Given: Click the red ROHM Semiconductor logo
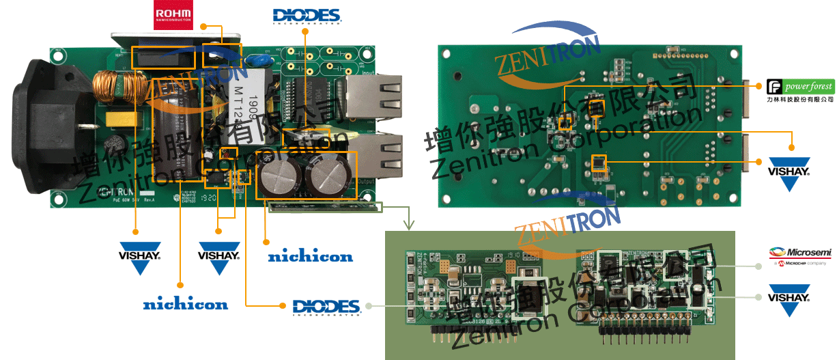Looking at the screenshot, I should [x=173, y=15].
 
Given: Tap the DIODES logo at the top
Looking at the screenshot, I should [x=307, y=16].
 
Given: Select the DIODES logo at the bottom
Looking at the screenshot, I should [x=326, y=307].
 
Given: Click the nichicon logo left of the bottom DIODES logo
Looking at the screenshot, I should [x=185, y=304].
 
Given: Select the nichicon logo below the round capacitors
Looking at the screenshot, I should [x=310, y=257].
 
